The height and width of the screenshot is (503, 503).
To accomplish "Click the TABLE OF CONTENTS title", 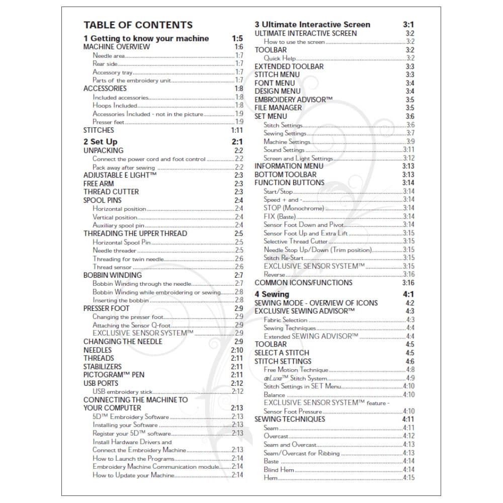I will (138, 25).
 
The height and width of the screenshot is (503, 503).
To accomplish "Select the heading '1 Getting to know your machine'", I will (146, 39).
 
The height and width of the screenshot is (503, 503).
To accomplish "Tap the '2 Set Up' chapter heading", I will (100, 142).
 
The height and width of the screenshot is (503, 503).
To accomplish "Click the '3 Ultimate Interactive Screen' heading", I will (312, 25).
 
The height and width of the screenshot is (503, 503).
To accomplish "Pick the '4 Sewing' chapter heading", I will (272, 294).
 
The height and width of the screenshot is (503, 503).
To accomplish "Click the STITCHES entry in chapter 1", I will (99, 130).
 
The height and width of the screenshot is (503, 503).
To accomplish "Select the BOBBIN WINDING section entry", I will (113, 275).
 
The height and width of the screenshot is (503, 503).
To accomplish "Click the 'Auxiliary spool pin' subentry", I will (119, 225).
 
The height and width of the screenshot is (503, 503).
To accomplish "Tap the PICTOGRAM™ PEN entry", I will (114, 375).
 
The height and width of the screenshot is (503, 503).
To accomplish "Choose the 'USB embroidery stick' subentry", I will (122, 391).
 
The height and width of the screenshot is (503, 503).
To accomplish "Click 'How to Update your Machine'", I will (133, 475).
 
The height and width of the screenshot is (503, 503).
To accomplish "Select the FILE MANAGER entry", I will (278, 108).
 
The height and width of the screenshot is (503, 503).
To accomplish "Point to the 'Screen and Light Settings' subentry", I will (298, 158).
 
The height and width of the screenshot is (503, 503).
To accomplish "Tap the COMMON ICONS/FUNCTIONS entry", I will (303, 283).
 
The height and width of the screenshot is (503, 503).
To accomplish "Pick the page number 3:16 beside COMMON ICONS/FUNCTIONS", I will (408, 283).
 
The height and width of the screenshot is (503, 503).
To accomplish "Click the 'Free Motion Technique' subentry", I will (296, 370).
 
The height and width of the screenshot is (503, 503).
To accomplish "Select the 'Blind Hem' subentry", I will (278, 470).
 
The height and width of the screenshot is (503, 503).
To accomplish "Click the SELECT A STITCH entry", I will (282, 353).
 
